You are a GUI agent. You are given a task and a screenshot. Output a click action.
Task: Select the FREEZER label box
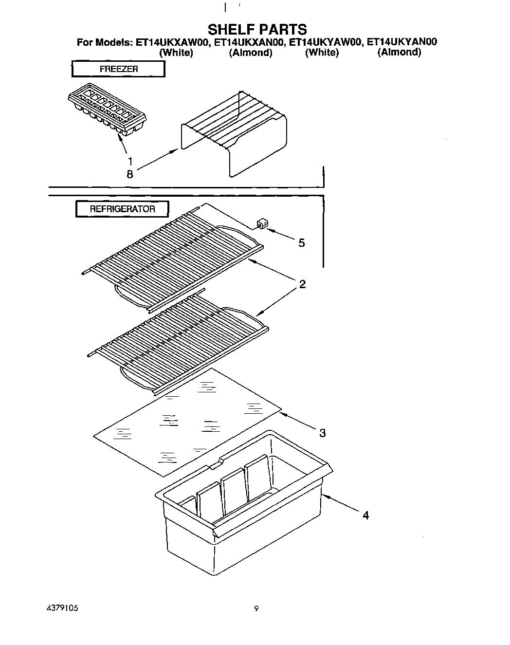pos(118,69)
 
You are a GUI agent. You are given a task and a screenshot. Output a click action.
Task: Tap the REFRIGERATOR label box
pos(122,209)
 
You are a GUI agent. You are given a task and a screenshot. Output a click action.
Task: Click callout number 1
pos(130,161)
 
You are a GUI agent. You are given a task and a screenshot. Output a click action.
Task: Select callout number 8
pos(129,174)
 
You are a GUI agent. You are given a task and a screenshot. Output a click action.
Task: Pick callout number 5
pos(302,242)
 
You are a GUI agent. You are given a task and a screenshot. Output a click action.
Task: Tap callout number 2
pos(302,284)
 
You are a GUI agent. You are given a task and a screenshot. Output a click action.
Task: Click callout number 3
pos(322,432)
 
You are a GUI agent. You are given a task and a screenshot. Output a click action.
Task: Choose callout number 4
pos(365,515)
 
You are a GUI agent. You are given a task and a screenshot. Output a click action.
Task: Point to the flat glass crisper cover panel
pos(187,421)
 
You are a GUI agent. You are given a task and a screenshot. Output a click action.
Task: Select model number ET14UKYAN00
pos(401,42)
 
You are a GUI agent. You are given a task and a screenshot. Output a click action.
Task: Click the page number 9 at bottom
pos(256,608)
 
